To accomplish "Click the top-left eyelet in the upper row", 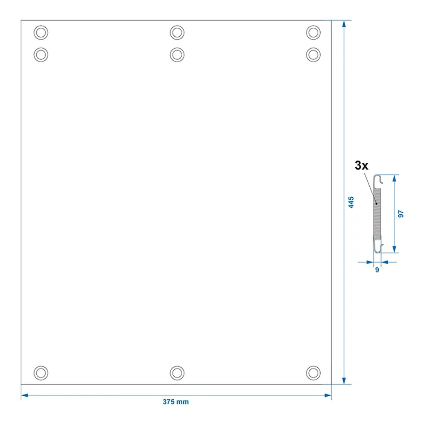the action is (x=41, y=32).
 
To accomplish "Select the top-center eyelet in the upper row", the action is (x=177, y=32).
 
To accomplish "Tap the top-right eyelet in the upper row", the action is (x=313, y=32).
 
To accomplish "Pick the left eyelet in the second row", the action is (x=41, y=55).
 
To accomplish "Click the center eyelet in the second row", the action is (x=177, y=55).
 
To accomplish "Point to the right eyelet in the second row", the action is (x=313, y=55).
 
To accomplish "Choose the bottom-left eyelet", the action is (x=41, y=373).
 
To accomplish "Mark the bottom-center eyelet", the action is (x=177, y=373).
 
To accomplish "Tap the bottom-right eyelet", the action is (x=313, y=373).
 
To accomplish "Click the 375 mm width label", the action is (x=175, y=402).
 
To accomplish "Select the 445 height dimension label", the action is (x=351, y=202).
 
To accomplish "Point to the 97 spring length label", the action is (x=401, y=214).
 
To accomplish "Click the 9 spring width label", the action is (x=377, y=269).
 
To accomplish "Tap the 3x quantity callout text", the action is (x=361, y=165).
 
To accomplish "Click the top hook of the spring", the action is (x=378, y=181).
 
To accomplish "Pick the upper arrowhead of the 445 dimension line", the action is (x=344, y=24).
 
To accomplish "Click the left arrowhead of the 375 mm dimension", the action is (x=24, y=395).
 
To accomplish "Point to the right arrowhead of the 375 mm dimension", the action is (x=328, y=395).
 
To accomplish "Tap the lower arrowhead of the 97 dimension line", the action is (x=394, y=249).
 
